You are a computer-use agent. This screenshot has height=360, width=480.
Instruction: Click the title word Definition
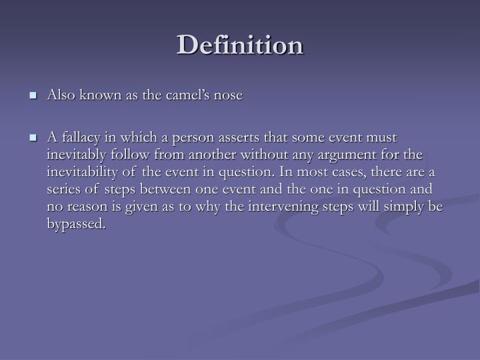pos(240,45)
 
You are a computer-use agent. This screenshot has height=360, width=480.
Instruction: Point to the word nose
pos(228,95)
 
